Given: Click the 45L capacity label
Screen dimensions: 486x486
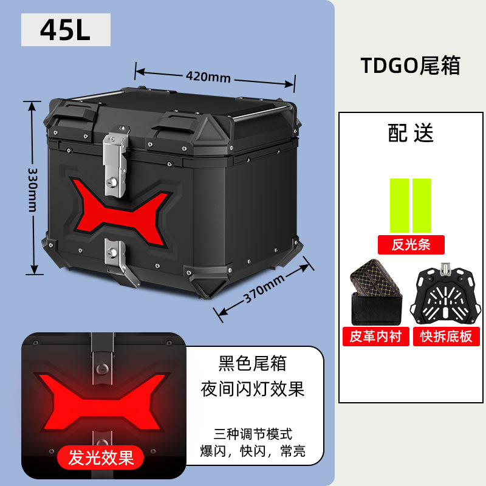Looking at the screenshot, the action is [66, 30].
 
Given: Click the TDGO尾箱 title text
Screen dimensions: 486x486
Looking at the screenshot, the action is [411, 66].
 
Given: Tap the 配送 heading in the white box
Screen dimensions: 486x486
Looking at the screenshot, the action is [411, 134].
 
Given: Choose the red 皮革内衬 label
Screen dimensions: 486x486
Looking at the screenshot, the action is [375, 336].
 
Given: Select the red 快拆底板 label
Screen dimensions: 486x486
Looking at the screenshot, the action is [446, 336].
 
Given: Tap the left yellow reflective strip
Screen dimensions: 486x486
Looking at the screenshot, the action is [399, 205].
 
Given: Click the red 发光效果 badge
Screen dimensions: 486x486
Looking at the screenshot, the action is [101, 457].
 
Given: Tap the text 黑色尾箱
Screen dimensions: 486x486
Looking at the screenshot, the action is [252, 364].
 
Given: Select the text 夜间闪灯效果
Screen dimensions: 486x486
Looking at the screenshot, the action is [252, 389].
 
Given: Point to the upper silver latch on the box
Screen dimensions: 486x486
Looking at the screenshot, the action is [115, 158].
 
